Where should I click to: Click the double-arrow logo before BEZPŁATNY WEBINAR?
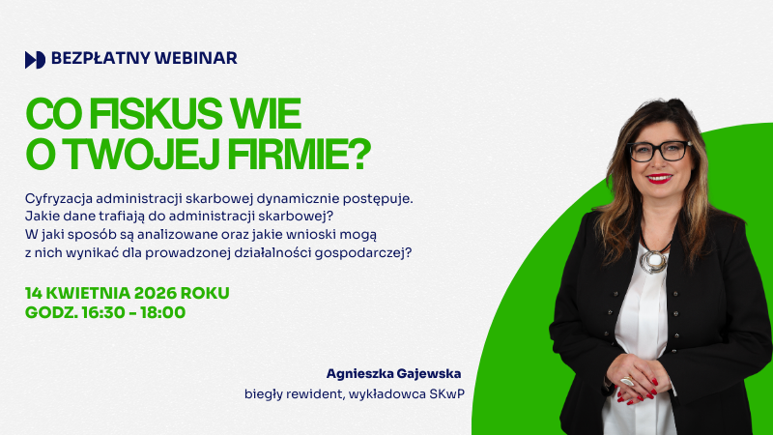tap(35, 59)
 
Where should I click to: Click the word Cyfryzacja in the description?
tap(63, 198)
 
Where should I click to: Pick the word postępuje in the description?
tap(378, 198)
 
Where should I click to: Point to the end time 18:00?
tap(163, 312)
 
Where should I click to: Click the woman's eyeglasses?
tap(659, 151)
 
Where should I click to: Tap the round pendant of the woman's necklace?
tap(654, 260)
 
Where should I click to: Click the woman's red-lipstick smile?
tap(660, 178)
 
